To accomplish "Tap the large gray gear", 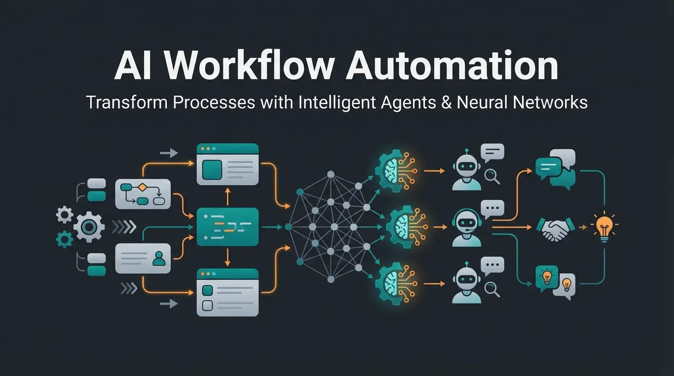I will pos(89,227).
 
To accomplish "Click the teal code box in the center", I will pos(227,227).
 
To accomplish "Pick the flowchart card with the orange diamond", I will pos(143,194).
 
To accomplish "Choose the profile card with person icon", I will pos(143,258).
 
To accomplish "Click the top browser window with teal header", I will pos(227,164).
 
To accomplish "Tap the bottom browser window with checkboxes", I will pos(227,292).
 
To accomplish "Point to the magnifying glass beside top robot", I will pos(492,176).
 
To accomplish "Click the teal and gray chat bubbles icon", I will pos(555,168).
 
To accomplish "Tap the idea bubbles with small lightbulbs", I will pos(555,281).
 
